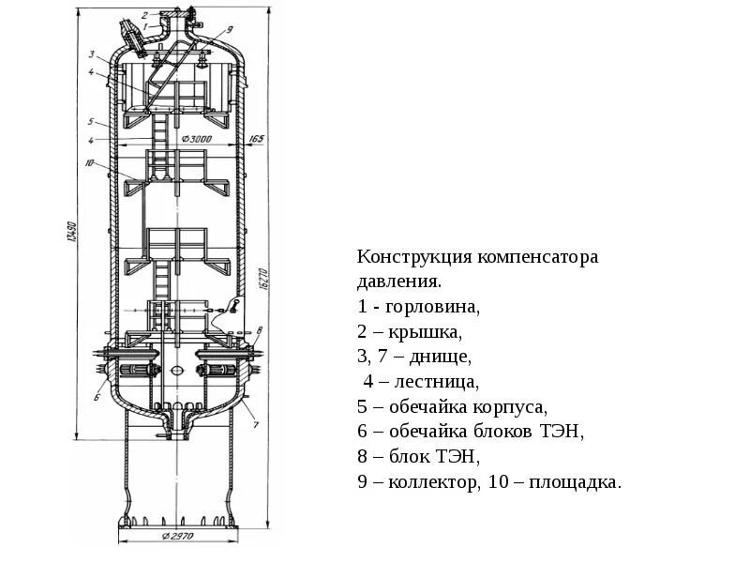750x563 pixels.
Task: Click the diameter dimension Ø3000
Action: pyautogui.click(x=198, y=140)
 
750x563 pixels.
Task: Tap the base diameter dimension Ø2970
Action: pyautogui.click(x=177, y=537)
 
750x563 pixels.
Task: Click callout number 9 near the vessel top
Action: pyautogui.click(x=229, y=31)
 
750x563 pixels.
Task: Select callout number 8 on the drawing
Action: pyautogui.click(x=259, y=329)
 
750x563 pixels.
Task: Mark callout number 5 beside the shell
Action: pyautogui.click(x=91, y=121)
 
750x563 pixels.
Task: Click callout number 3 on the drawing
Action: pyautogui.click(x=92, y=53)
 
